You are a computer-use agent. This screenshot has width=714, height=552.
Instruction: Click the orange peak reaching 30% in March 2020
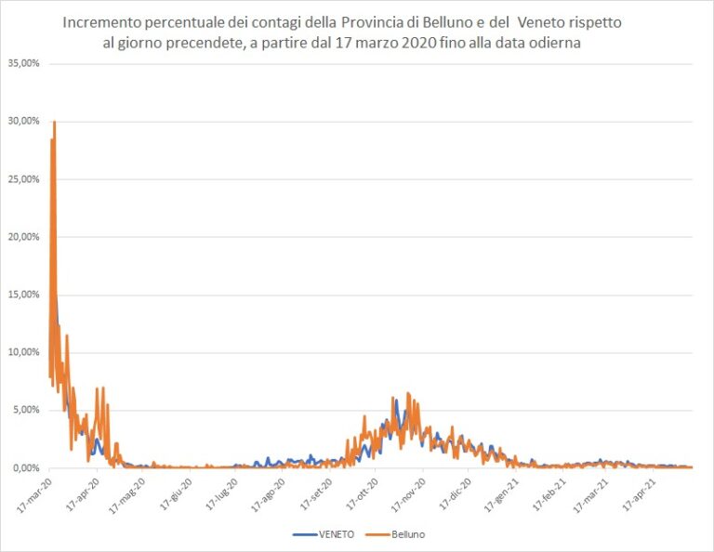[55, 123]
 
